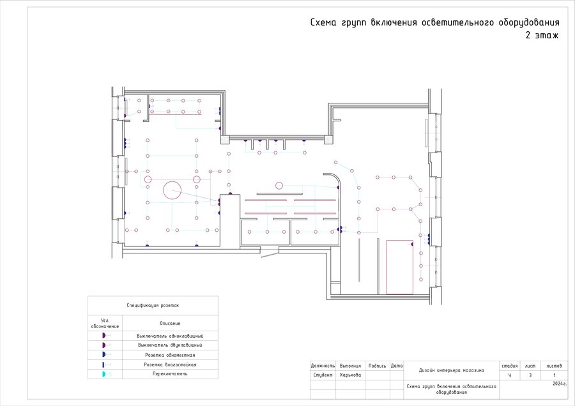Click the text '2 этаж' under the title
(x=542, y=36)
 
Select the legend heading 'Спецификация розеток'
(x=153, y=306)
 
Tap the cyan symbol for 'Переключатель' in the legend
(x=103, y=374)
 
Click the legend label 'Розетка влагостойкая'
(x=170, y=365)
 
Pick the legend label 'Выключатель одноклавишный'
(x=170, y=336)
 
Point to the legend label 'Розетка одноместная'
(x=170, y=355)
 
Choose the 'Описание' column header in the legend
(x=170, y=324)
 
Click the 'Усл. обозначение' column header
(x=105, y=323)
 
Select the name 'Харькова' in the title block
(x=350, y=375)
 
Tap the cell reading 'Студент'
(x=323, y=375)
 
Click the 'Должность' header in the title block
(x=323, y=366)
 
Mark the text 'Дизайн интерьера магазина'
(x=452, y=370)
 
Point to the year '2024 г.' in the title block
(x=559, y=384)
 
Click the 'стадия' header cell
(x=510, y=366)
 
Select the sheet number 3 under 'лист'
(x=530, y=375)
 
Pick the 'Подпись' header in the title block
(x=378, y=366)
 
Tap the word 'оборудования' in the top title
(x=529, y=23)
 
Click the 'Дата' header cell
(x=397, y=366)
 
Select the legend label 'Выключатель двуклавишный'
(x=170, y=345)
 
